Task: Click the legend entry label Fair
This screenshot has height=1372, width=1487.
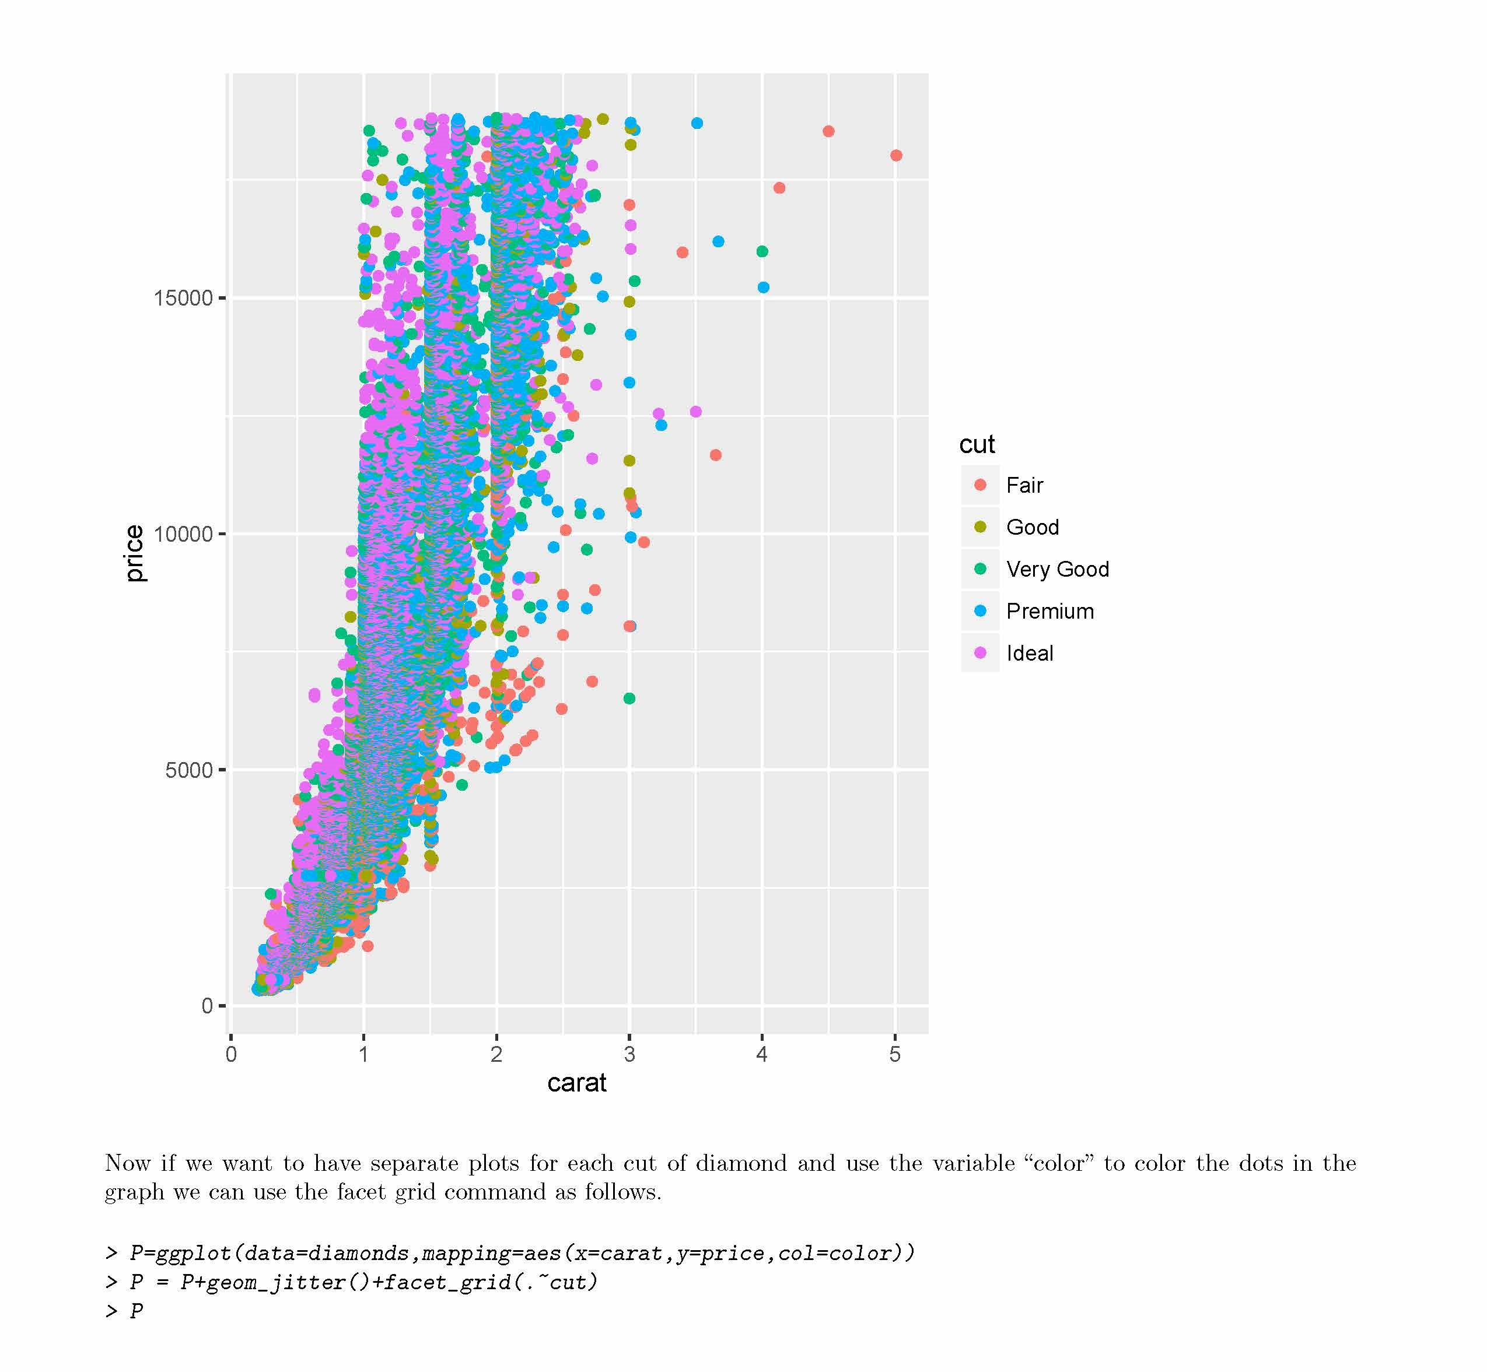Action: tap(1024, 486)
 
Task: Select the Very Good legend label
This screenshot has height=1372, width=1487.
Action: tap(1057, 570)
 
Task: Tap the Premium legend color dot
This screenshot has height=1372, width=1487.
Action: tap(981, 611)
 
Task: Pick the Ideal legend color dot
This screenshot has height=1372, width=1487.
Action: tap(981, 653)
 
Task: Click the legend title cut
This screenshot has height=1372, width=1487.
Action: tap(976, 445)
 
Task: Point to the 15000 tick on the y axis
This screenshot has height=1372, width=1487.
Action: tap(183, 299)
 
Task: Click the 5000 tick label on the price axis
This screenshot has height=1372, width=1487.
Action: tap(188, 770)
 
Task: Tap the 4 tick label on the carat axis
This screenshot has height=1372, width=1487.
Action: tap(762, 1054)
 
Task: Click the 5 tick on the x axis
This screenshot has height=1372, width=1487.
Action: tap(895, 1054)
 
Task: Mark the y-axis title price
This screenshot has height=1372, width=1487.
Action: tap(134, 553)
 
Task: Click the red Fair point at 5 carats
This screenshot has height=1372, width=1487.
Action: tap(896, 156)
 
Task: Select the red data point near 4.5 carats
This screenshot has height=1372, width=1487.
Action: tap(829, 131)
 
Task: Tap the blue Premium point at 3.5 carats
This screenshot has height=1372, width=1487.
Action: tap(697, 123)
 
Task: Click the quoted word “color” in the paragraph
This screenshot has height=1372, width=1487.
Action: tap(1059, 1163)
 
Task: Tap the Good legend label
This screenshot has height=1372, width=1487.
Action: tap(1033, 527)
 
